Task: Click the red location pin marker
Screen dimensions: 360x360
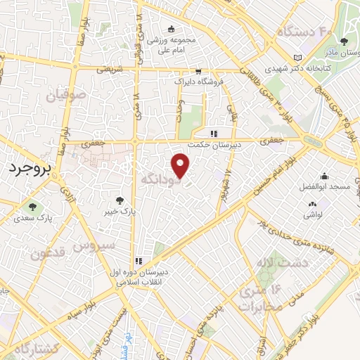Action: [181, 166]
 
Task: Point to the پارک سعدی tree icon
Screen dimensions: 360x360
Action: [32, 206]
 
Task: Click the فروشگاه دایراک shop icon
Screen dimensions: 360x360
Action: [199, 71]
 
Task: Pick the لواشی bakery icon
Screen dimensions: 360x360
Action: [310, 204]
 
